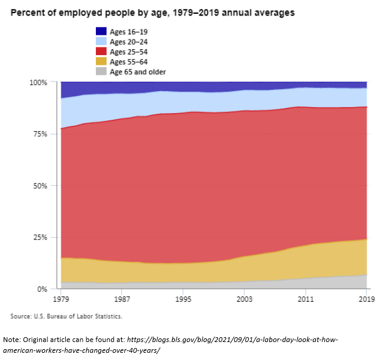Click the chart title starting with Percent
pyautogui.click(x=153, y=12)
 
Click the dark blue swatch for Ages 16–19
pyautogui.click(x=101, y=31)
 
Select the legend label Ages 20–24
pyautogui.click(x=129, y=41)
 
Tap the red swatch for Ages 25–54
pyautogui.click(x=101, y=52)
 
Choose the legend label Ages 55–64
pyautogui.click(x=129, y=62)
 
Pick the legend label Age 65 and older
pyautogui.click(x=138, y=72)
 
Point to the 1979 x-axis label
pyautogui.click(x=61, y=298)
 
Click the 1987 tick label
pyautogui.click(x=122, y=298)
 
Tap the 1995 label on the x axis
pyautogui.click(x=183, y=298)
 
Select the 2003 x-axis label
pyautogui.click(x=245, y=298)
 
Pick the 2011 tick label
pyautogui.click(x=306, y=298)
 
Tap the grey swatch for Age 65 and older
pyautogui.click(x=101, y=72)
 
